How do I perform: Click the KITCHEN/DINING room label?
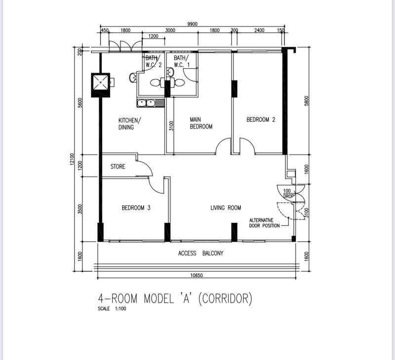[x=130, y=124]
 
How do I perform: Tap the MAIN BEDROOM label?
[x=201, y=123]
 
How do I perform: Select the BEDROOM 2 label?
[x=261, y=119]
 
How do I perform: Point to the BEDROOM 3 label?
[x=136, y=208]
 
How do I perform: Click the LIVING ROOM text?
[x=226, y=208]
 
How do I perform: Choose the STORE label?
[x=118, y=167]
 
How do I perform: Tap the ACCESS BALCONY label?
[x=200, y=253]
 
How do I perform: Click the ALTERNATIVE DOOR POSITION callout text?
[x=265, y=223]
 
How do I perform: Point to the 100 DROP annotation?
[x=288, y=193]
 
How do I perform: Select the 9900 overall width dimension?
[x=193, y=24]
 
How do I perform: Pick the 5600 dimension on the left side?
[x=80, y=104]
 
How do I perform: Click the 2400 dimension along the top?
[x=259, y=31]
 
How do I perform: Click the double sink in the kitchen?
[x=150, y=103]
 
